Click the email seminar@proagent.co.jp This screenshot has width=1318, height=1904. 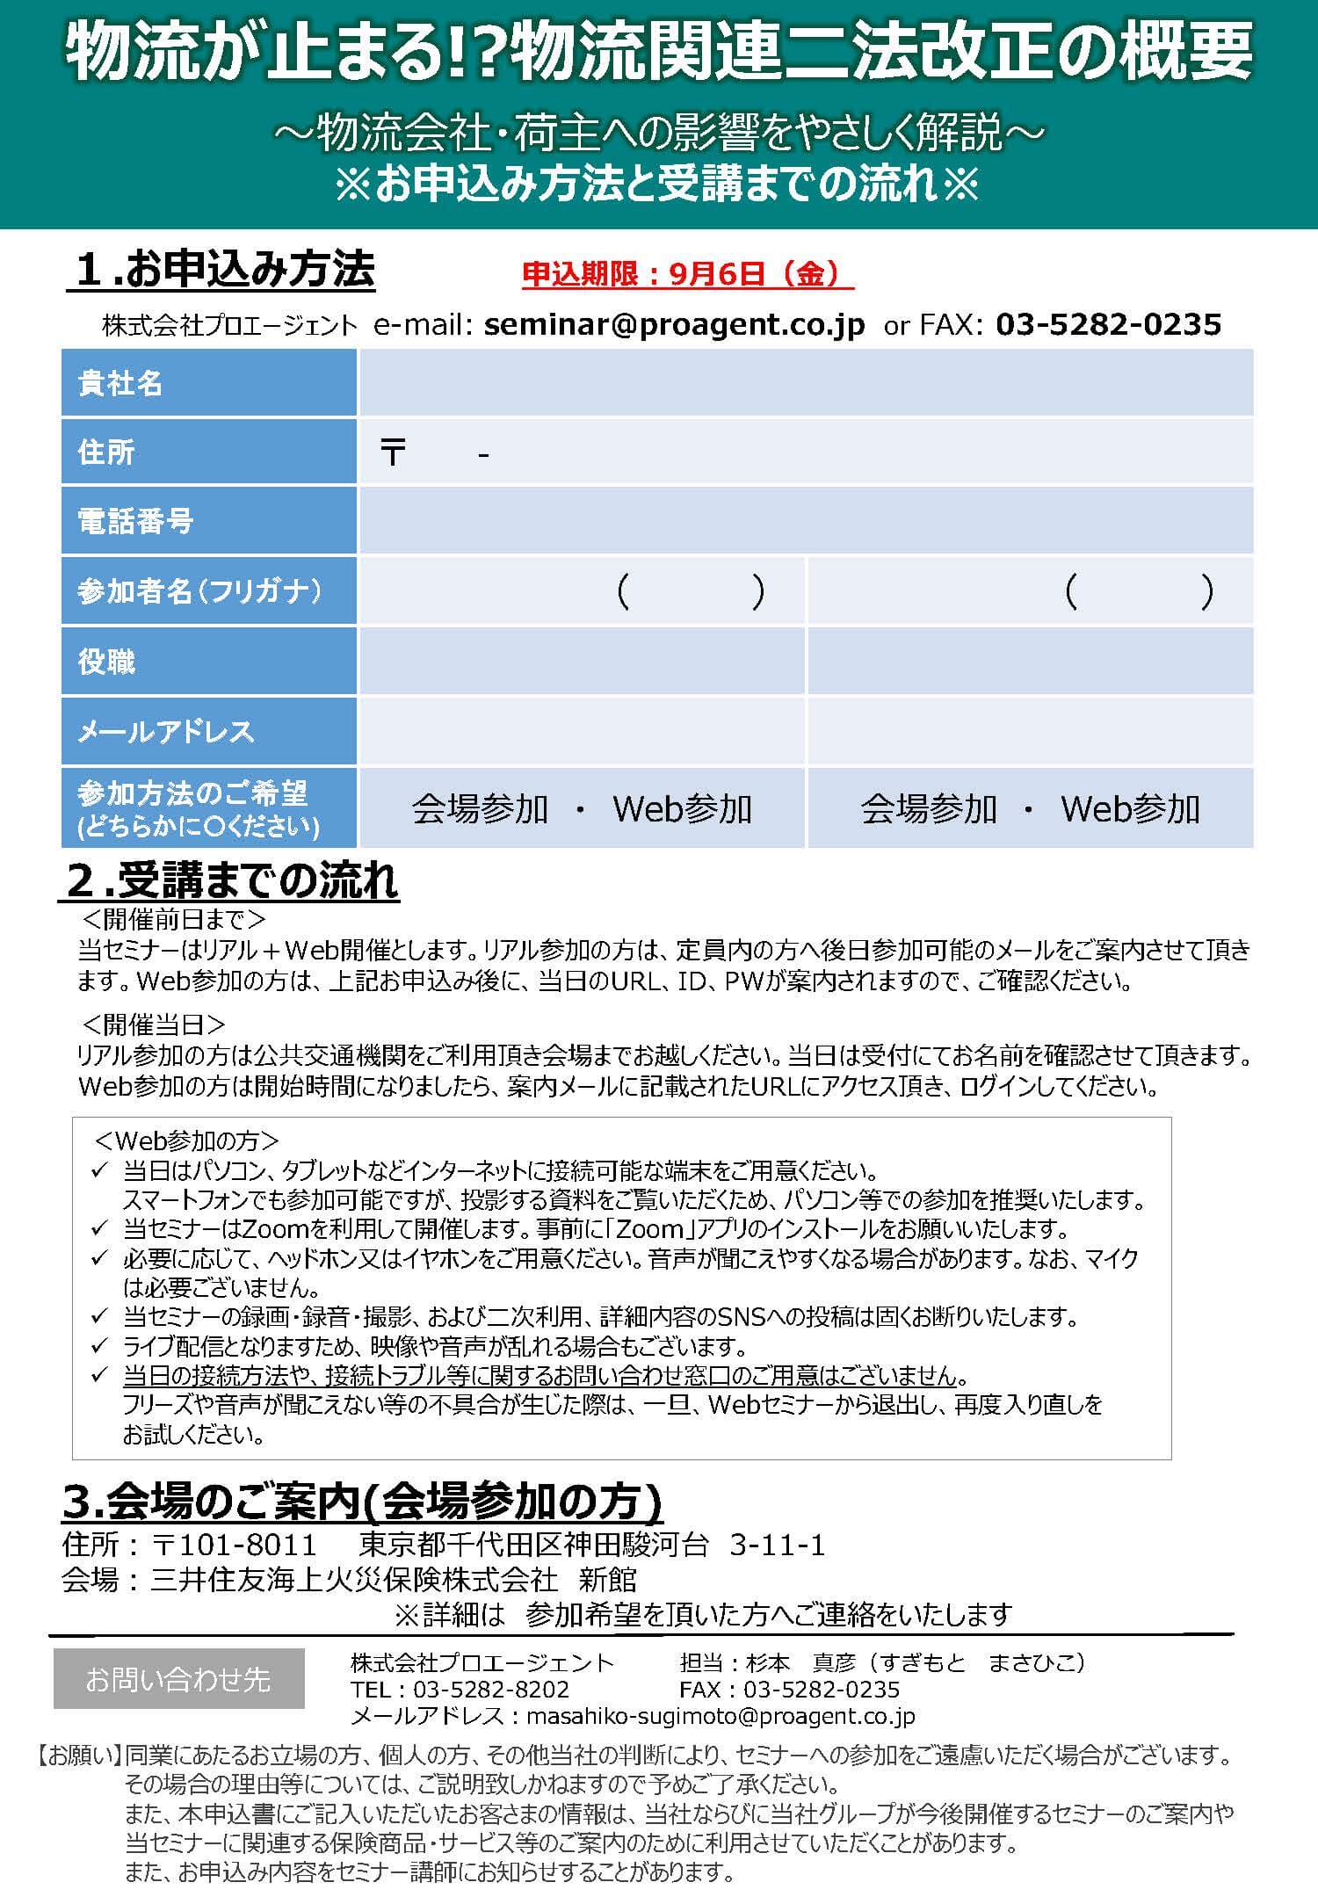pyautogui.click(x=674, y=325)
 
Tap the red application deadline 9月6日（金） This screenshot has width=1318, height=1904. pyautogui.click(x=688, y=275)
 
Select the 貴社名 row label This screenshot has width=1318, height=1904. pyautogui.click(x=120, y=383)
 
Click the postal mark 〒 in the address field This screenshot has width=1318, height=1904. pyautogui.click(x=393, y=453)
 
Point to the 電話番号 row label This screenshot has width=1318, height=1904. pyautogui.click(x=135, y=521)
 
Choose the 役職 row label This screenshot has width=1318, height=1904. pyautogui.click(x=106, y=662)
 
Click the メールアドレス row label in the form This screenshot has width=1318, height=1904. pyautogui.click(x=165, y=731)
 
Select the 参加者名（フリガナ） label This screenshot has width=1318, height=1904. pyautogui.click(x=199, y=591)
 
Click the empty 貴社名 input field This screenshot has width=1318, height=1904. pyautogui.click(x=805, y=383)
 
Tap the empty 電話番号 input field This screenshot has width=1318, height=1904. pyautogui.click(x=805, y=521)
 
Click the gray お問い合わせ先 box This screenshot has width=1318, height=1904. pyautogui.click(x=178, y=1679)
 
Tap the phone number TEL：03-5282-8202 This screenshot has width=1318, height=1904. pyautogui.click(x=460, y=1689)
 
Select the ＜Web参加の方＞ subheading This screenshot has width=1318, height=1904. pyautogui.click(x=185, y=1140)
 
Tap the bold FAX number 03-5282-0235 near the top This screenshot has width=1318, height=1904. pyautogui.click(x=1108, y=325)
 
